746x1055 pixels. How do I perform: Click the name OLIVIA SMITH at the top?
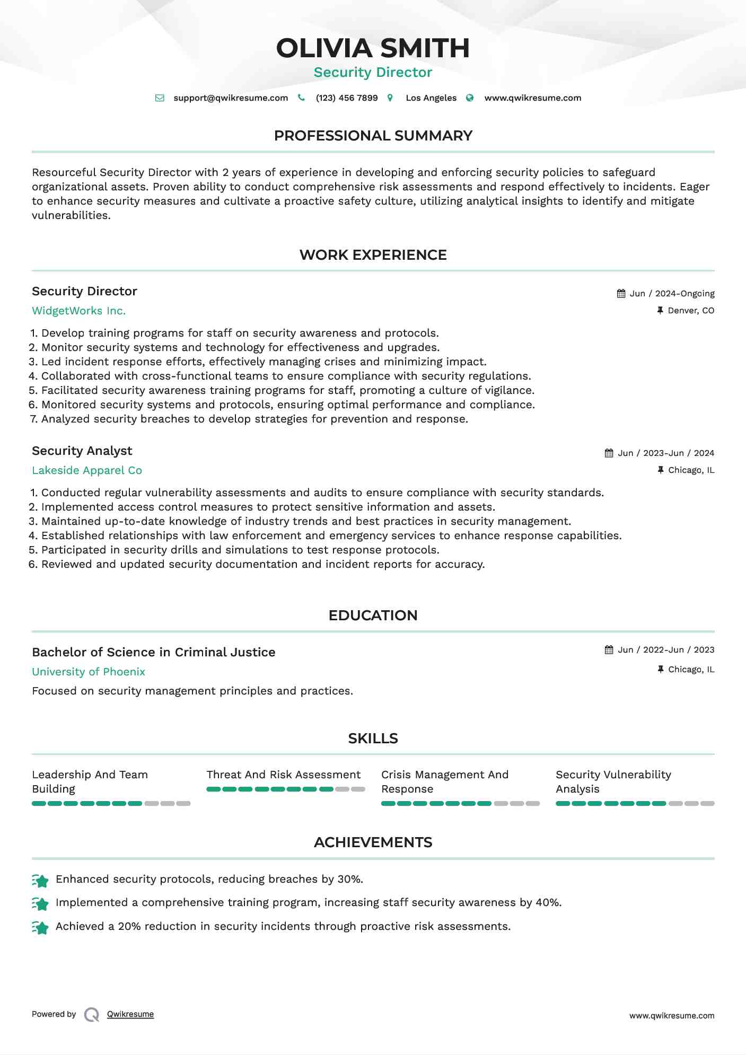[373, 48]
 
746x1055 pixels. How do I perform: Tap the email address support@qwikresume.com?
[231, 98]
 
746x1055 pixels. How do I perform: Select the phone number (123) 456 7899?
[347, 98]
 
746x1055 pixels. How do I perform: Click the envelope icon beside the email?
[160, 98]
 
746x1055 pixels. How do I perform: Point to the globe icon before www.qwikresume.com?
[470, 98]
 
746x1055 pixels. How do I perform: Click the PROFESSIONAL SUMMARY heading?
[373, 136]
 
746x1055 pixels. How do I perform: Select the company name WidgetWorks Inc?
[78, 311]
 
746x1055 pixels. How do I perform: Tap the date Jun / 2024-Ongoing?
[672, 294]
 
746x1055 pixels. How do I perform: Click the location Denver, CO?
[691, 311]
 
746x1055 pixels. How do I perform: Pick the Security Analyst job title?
[82, 451]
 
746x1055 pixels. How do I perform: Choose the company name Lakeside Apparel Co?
[87, 471]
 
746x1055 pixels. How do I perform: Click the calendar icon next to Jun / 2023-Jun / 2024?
[609, 453]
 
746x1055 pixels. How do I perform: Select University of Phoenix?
[89, 672]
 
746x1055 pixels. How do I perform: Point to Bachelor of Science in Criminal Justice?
[154, 653]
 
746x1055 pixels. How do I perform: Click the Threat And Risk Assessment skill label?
[283, 775]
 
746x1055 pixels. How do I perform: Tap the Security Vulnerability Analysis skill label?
[613, 782]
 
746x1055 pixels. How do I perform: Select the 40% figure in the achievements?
[548, 903]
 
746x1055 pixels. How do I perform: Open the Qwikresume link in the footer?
[130, 1014]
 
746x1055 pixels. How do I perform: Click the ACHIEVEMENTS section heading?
[373, 842]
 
